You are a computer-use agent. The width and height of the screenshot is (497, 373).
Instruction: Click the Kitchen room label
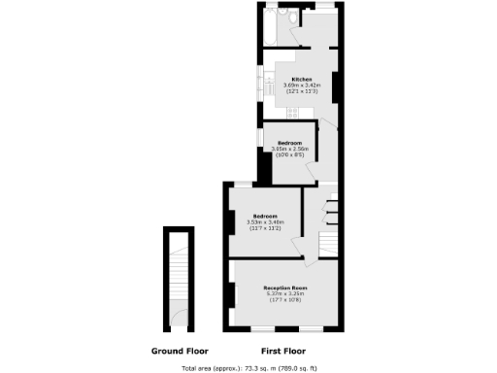[x=301, y=78]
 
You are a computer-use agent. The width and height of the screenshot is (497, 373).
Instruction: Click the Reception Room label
[x=285, y=288]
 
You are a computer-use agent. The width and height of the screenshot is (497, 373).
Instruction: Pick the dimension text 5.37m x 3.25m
[x=285, y=294]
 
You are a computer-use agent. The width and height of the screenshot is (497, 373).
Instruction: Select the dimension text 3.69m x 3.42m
[x=301, y=85]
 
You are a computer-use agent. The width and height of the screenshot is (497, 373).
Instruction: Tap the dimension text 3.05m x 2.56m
[x=292, y=149]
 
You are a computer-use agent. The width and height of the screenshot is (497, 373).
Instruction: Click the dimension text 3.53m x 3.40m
[x=265, y=221]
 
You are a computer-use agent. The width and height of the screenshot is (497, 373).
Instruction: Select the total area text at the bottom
[x=248, y=368]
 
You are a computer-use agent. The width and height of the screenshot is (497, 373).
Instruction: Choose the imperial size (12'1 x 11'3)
[x=301, y=90]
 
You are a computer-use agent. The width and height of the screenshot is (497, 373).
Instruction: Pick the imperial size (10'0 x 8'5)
[x=292, y=154]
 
